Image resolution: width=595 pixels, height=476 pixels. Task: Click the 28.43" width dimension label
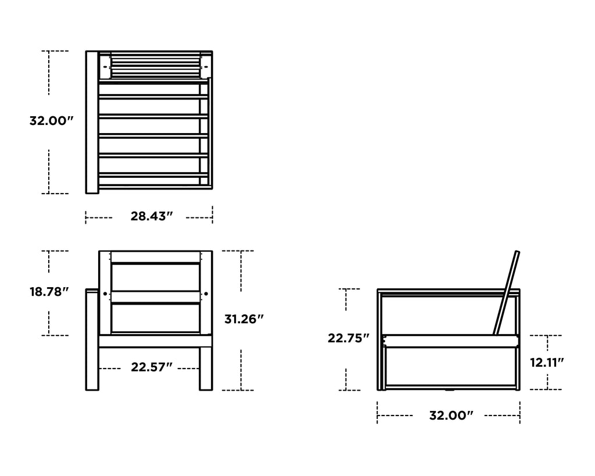(152, 217)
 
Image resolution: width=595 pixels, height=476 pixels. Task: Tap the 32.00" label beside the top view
(52, 121)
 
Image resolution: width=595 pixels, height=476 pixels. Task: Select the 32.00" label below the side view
(451, 415)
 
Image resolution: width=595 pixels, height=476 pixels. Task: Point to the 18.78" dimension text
(49, 292)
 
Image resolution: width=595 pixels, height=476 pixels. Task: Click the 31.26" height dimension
(245, 319)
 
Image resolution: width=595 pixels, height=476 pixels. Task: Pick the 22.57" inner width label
(152, 367)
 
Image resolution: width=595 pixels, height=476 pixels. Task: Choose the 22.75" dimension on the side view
(349, 338)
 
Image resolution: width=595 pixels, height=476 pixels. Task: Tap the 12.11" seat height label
(547, 363)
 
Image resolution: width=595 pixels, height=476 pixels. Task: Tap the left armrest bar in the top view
(92, 122)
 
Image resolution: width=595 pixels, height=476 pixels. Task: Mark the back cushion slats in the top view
(155, 65)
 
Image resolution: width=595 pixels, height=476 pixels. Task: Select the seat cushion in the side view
(450, 341)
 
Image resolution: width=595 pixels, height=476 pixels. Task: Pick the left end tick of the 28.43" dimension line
(86, 217)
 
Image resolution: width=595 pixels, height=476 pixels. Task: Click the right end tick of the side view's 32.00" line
(519, 416)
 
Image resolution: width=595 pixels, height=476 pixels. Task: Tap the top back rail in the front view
(155, 257)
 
